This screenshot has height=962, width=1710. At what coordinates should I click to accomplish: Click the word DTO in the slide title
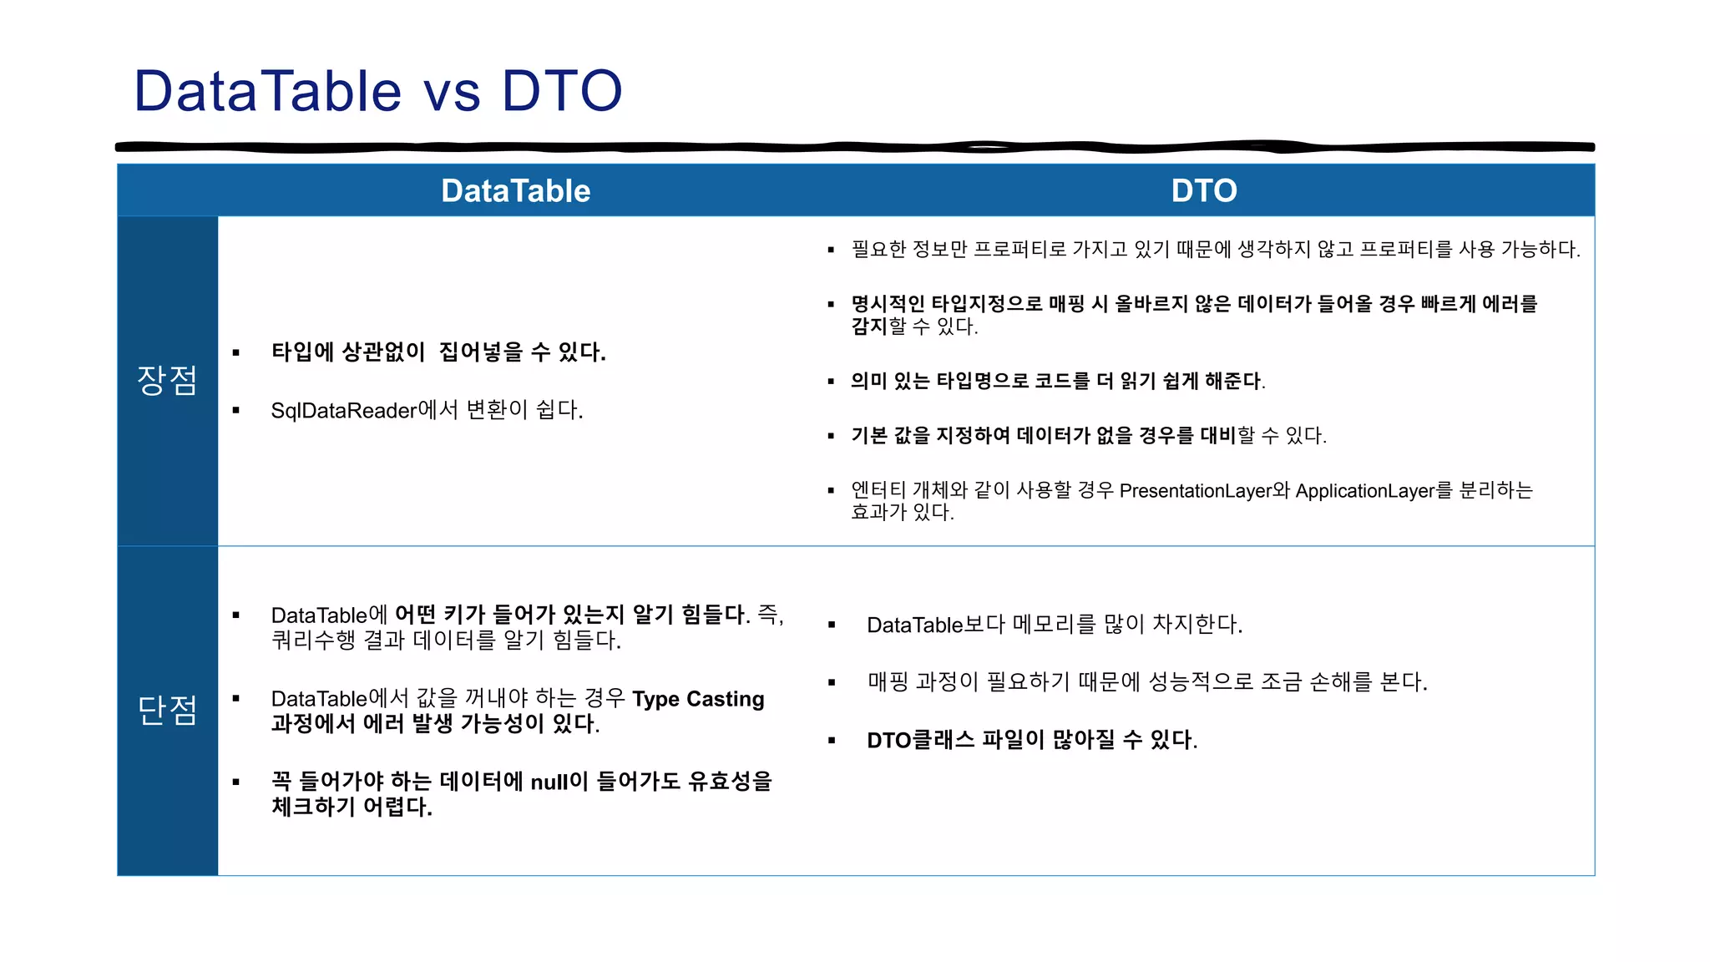(562, 91)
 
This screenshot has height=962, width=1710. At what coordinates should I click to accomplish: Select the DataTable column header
(515, 191)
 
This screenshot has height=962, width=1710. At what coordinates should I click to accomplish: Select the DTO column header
(1203, 191)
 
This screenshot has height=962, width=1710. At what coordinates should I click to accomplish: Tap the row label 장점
(167, 381)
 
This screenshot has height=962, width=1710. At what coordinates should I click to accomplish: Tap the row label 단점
(167, 711)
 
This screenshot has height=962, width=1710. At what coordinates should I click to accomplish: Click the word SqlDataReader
(343, 411)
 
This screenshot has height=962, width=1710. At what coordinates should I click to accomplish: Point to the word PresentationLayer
(1195, 491)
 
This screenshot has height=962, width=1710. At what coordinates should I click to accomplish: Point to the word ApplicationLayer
(1364, 491)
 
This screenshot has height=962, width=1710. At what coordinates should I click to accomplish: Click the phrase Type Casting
(698, 699)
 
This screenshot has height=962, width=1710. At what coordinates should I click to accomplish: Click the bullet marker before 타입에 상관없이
(236, 352)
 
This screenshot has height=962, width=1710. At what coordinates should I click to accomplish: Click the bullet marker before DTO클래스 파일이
(832, 741)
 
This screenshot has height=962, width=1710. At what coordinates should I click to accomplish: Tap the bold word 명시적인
(888, 304)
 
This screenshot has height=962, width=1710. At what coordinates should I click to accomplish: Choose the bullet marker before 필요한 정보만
(831, 250)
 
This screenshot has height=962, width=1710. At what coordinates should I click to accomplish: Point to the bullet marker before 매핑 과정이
(832, 682)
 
